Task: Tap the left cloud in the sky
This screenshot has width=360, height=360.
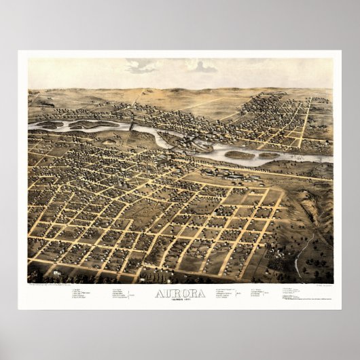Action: click(x=142, y=66)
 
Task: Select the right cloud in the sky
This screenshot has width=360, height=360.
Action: click(x=202, y=66)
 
